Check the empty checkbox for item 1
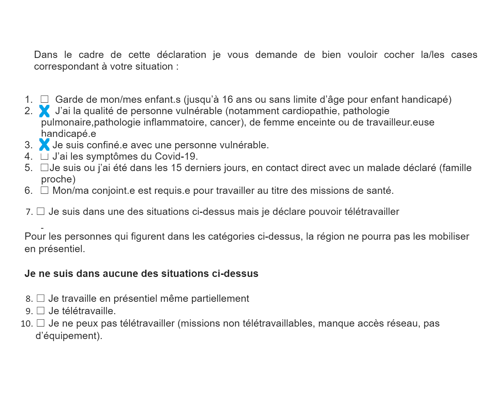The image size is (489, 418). click(45, 99)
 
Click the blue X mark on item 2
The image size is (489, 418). click(44, 111)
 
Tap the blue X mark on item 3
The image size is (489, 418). click(44, 145)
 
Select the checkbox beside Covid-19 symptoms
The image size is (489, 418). click(44, 157)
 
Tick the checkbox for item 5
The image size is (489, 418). click(45, 168)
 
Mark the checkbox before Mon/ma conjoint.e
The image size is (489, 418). click(45, 190)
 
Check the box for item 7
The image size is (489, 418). click(41, 211)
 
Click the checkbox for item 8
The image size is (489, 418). click(41, 298)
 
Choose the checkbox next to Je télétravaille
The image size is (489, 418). click(41, 311)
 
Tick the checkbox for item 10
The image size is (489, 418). click(41, 323)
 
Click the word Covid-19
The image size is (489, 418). click(176, 157)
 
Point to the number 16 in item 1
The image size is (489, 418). click(228, 100)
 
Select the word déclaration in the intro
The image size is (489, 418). click(181, 55)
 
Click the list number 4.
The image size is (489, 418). click(28, 157)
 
